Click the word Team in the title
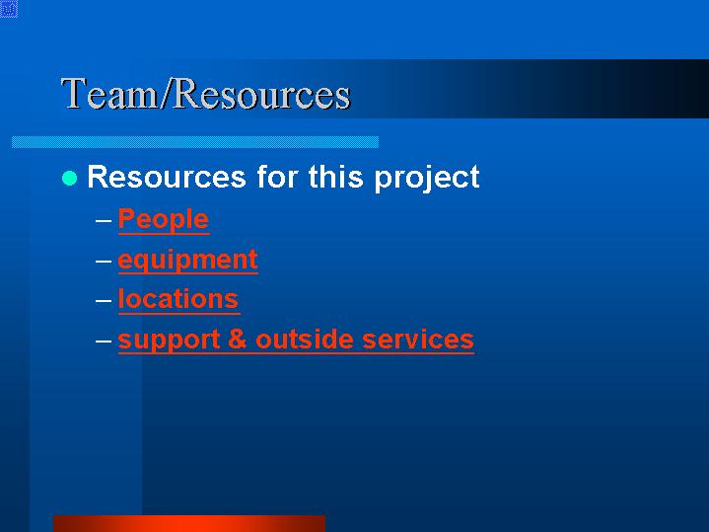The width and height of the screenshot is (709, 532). click(108, 93)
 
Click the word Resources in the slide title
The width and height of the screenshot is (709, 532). click(261, 93)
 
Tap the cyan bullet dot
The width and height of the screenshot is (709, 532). click(70, 178)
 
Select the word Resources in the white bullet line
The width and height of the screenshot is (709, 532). click(167, 177)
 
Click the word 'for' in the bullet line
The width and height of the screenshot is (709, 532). click(277, 177)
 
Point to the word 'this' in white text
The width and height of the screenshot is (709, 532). click(335, 177)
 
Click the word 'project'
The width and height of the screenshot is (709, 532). click(427, 179)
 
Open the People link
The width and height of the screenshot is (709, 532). click(164, 219)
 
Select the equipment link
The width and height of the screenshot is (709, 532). click(188, 260)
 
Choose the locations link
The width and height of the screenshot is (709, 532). click(178, 299)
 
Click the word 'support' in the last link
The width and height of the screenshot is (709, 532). click(169, 341)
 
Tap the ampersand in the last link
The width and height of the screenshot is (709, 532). click(238, 340)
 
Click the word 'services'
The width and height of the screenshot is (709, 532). click(418, 340)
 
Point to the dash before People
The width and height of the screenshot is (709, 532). click(104, 221)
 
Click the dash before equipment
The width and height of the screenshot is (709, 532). click(104, 261)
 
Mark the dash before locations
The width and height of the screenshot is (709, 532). click(104, 301)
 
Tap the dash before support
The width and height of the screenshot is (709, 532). click(104, 341)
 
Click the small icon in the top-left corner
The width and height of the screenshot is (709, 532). click(9, 9)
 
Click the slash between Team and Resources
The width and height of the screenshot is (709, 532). click(165, 93)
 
